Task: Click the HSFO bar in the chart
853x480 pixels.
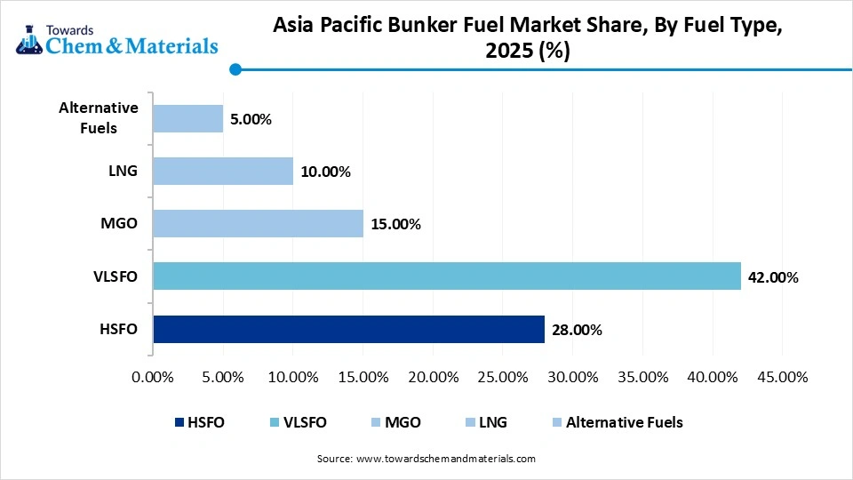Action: point(348,329)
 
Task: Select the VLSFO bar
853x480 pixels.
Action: point(446,276)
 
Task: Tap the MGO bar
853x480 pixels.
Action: point(258,224)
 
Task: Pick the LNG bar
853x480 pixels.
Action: point(222,172)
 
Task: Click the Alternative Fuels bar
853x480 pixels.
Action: point(187,119)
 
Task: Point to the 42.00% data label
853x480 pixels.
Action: point(773,277)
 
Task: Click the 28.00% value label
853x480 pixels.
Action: point(577,330)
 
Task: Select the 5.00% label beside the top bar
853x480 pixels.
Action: point(251,119)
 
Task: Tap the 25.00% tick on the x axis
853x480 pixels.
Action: point(503,377)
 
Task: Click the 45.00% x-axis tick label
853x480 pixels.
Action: point(782,377)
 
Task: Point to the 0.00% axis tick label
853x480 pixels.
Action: point(153,377)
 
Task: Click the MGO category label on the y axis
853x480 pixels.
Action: point(120,224)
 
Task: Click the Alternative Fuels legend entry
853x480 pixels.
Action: point(617,422)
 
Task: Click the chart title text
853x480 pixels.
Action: point(528,40)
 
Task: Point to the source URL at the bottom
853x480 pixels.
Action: point(445,459)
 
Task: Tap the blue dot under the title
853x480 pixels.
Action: point(235,69)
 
